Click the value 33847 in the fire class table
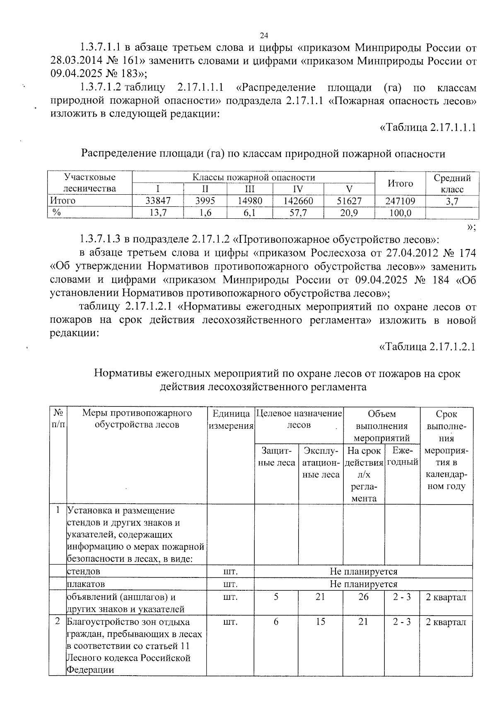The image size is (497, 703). coord(158,201)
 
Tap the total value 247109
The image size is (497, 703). coord(400,201)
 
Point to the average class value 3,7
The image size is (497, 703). coord(452,201)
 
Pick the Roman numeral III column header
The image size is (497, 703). coord(249,189)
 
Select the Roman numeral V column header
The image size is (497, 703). coord(349,189)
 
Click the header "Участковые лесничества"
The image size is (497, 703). coord(89,183)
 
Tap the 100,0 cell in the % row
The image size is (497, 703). coord(400,213)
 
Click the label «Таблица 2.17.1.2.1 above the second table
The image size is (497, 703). coord(427,346)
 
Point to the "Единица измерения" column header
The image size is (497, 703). coord(231,419)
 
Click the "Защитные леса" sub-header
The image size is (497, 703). coord(276,457)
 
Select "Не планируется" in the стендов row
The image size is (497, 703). coord(363,572)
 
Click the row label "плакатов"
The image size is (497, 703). coord(86,584)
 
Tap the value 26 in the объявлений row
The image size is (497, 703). coord(363,597)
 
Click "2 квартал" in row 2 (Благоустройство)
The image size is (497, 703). coord(446,622)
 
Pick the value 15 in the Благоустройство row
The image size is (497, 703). coord(320,622)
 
